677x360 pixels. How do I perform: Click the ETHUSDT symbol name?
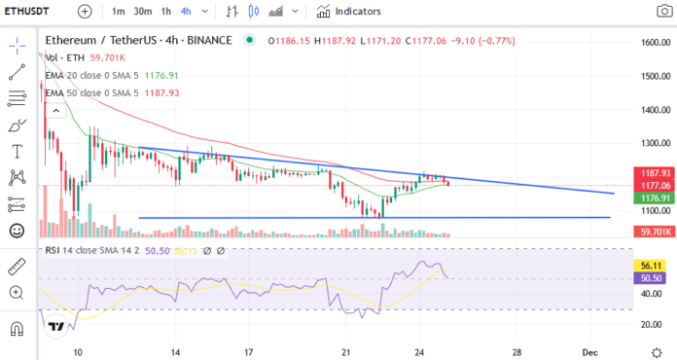click(28, 11)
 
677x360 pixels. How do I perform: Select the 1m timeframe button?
click(119, 11)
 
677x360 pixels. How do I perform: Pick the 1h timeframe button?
click(166, 11)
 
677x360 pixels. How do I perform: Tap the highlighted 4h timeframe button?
click(191, 11)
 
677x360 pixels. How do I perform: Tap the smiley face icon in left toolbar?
click(17, 231)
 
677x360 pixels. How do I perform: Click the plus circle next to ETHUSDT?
click(85, 11)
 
